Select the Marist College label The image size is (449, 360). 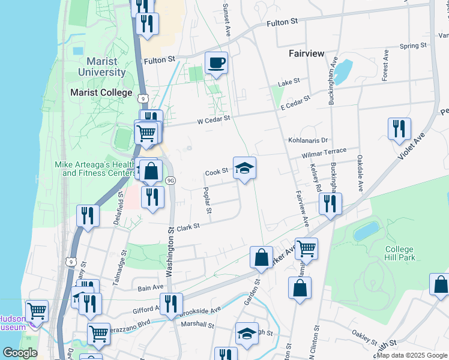101,92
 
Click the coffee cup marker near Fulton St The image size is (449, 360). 216,62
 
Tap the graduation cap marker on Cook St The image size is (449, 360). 244,168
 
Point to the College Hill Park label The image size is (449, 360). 399,254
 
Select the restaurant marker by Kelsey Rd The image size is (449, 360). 330,204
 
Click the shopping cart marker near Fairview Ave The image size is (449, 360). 306,248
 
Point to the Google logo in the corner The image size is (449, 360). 20,353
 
